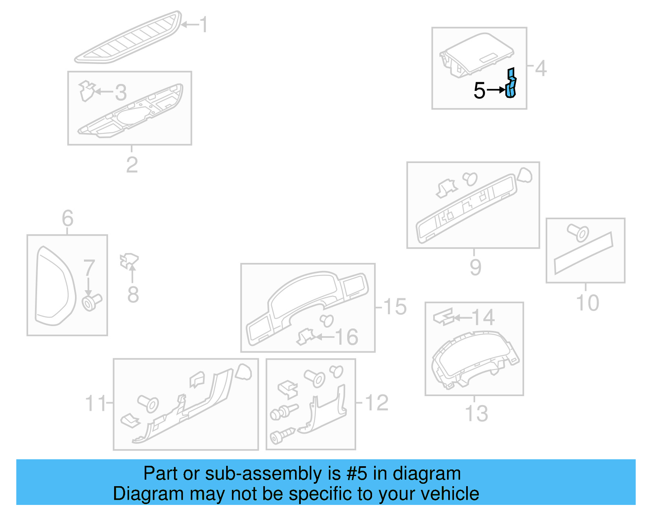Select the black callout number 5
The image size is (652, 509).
click(x=480, y=90)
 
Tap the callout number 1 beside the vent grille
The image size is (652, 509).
click(x=204, y=25)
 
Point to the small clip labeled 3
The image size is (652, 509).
click(x=87, y=90)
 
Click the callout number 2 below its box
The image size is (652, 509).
click(x=132, y=165)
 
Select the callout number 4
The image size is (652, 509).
click(x=541, y=68)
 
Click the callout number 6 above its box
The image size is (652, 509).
click(x=68, y=218)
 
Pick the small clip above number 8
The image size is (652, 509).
click(x=129, y=260)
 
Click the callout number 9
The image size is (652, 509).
click(x=475, y=267)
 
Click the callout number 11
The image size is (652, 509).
click(x=95, y=403)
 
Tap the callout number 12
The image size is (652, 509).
click(x=377, y=403)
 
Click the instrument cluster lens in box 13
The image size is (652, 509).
click(x=473, y=359)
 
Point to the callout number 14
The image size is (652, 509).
click(x=483, y=317)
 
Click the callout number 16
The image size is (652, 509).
click(x=347, y=337)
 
